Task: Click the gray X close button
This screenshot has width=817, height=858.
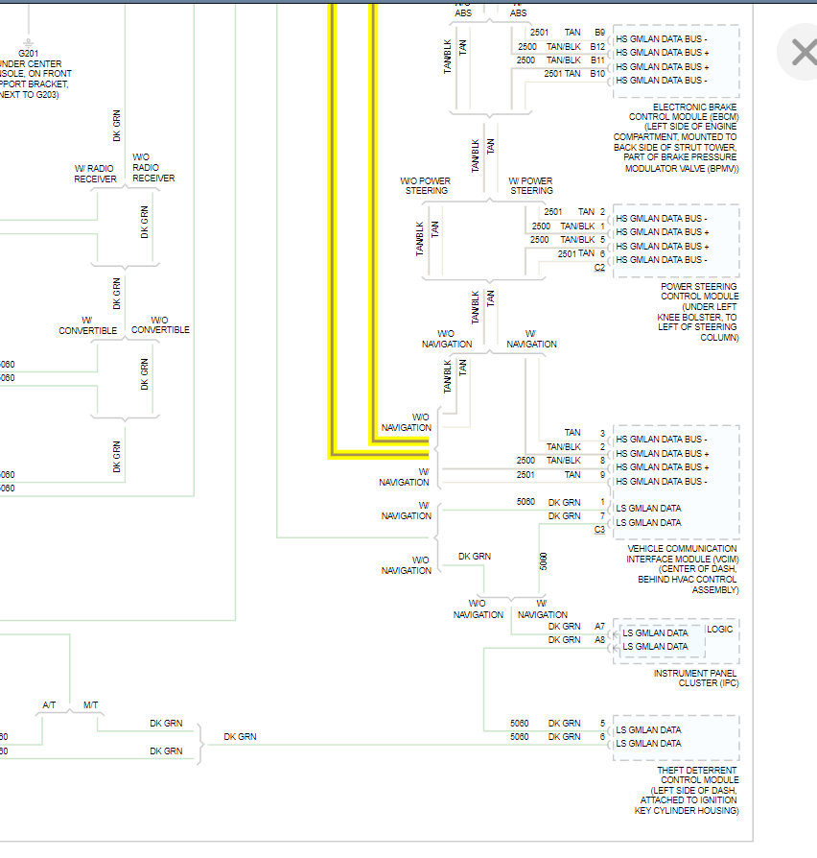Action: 802,52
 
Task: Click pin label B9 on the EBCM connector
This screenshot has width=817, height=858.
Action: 599,33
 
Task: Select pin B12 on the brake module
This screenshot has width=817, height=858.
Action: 597,46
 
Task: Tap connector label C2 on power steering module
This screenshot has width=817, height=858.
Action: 599,267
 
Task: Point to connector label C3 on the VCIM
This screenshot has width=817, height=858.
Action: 599,529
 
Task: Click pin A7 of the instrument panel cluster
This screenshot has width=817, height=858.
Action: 599,627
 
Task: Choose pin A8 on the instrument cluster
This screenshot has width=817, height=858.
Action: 599,640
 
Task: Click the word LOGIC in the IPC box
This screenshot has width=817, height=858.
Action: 719,630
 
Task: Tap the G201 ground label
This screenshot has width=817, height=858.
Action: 28,54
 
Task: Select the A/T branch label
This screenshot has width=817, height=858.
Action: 50,705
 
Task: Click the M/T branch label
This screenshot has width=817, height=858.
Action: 90,705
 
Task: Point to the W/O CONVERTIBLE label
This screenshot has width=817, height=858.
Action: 160,325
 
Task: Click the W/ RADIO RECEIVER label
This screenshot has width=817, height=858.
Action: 95,174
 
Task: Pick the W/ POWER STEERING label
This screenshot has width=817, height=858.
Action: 530,185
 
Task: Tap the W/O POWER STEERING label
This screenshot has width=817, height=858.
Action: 426,185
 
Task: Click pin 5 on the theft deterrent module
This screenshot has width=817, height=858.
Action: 602,724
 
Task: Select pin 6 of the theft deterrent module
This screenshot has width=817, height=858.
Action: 602,737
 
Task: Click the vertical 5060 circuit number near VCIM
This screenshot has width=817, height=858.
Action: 544,561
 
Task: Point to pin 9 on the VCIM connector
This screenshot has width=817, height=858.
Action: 602,474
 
